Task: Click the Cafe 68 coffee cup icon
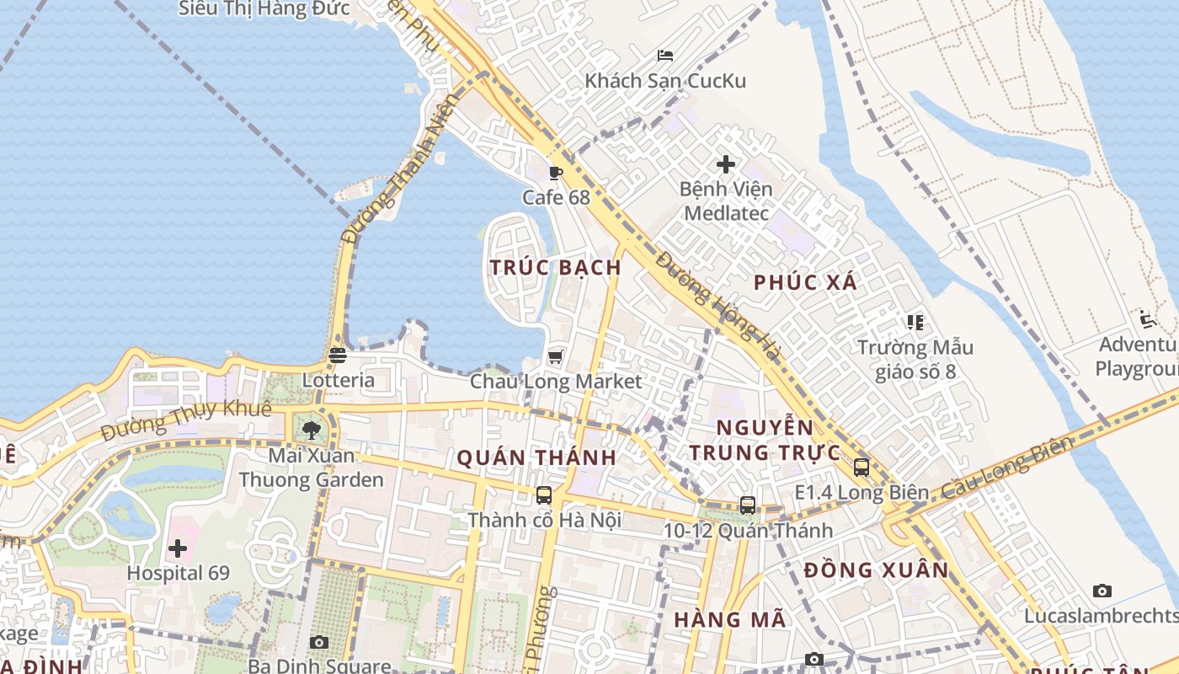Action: point(555,174)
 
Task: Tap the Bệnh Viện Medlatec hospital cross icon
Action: point(725,164)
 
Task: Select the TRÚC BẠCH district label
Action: point(556,267)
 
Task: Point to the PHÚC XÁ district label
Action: point(805,282)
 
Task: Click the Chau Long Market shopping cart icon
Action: point(555,357)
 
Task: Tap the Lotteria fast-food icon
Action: point(338,356)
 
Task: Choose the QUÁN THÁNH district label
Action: point(536,458)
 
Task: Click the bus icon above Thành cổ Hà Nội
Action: point(544,495)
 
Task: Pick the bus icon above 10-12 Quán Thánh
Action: point(747,505)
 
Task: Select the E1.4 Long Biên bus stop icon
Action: point(861,468)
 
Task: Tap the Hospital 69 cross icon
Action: point(178,549)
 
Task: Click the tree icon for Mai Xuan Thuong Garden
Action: point(312,431)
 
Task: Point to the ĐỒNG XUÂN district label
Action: point(876,570)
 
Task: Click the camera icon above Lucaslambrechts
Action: point(1102,591)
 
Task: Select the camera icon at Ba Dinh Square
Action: point(318,643)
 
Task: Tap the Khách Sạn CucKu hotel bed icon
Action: point(664,56)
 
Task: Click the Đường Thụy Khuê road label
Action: point(186,419)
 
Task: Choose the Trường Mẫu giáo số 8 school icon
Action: point(915,322)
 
